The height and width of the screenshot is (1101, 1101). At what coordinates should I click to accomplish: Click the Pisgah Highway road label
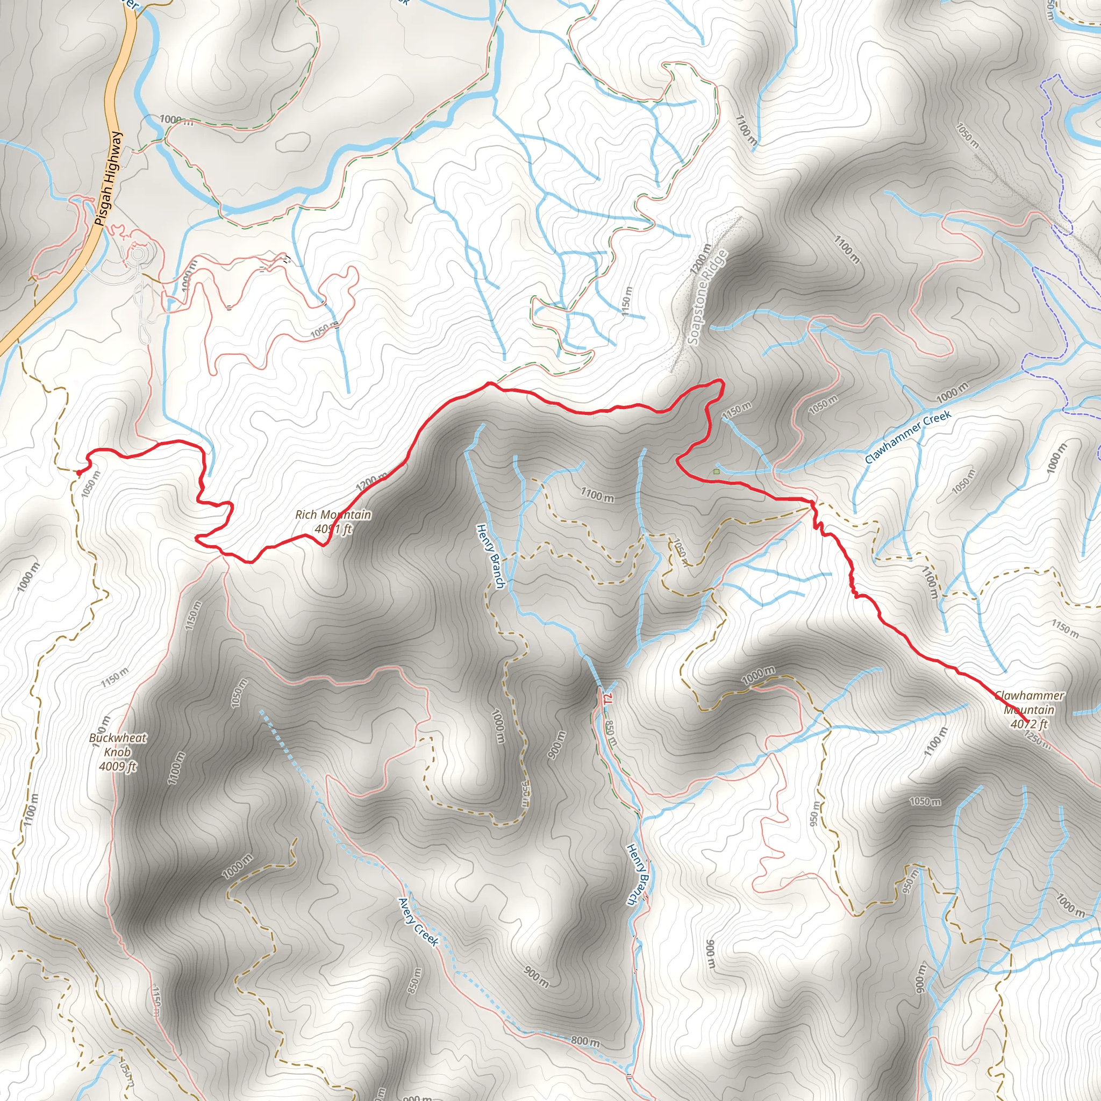108,178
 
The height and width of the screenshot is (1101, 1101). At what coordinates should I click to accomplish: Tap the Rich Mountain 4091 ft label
333,522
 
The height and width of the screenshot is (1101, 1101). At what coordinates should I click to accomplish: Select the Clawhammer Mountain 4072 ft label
1029,710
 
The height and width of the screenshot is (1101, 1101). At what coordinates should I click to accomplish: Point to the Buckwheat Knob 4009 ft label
118,752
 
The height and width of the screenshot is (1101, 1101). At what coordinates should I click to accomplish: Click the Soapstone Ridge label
708,297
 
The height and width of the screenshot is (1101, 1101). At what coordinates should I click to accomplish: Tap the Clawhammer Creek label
908,438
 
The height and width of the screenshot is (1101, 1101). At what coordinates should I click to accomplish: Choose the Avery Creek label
419,922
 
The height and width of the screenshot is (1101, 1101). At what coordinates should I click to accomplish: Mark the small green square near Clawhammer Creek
716,472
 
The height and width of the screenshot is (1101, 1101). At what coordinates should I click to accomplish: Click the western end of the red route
78,472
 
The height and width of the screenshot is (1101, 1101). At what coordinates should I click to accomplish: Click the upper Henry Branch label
491,556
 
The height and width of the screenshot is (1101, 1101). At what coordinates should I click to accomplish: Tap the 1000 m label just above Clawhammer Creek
952,392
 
